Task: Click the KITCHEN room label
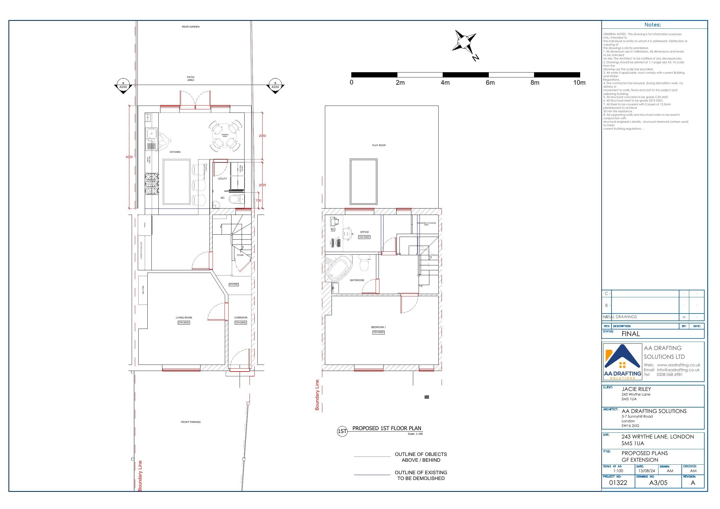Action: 175,152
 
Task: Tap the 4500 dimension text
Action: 129,157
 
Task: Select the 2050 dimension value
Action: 262,136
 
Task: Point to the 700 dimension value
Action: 258,201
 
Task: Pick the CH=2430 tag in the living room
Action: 184,323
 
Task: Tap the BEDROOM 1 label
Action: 378,327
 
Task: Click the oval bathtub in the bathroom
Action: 339,269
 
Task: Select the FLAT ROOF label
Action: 379,146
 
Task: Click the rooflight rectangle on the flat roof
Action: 363,182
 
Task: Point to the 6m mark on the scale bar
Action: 490,83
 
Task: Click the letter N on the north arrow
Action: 476,58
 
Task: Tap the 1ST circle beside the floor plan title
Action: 342,432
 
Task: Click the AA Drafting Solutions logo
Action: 623,362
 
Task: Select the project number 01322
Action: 618,483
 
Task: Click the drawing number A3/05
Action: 658,483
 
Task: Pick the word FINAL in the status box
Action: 631,334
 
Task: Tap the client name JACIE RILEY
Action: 636,389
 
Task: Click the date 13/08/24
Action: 647,471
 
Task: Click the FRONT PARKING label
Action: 191,422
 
